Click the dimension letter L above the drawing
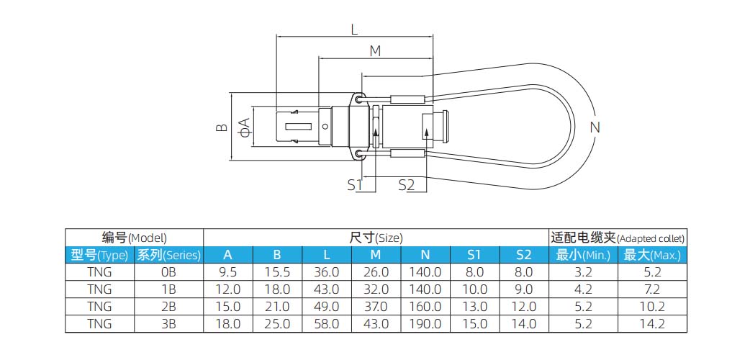coord(354,30)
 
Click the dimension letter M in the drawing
coord(375,51)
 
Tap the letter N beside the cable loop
coord(595,128)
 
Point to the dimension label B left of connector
coord(222,127)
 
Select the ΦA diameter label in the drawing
coord(244,127)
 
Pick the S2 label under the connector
coord(407,185)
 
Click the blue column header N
coord(425,255)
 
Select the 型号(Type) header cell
coord(99,255)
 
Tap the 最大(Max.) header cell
coord(652,255)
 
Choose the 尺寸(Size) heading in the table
coord(376,237)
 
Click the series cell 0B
coord(168,272)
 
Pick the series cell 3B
coord(168,324)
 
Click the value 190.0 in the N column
coord(425,324)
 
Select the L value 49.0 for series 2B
coord(327,307)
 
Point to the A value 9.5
coord(227,272)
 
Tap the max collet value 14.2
coord(652,324)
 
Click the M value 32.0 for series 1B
coord(376,289)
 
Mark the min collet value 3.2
coord(583,272)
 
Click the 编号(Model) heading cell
coord(134,237)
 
